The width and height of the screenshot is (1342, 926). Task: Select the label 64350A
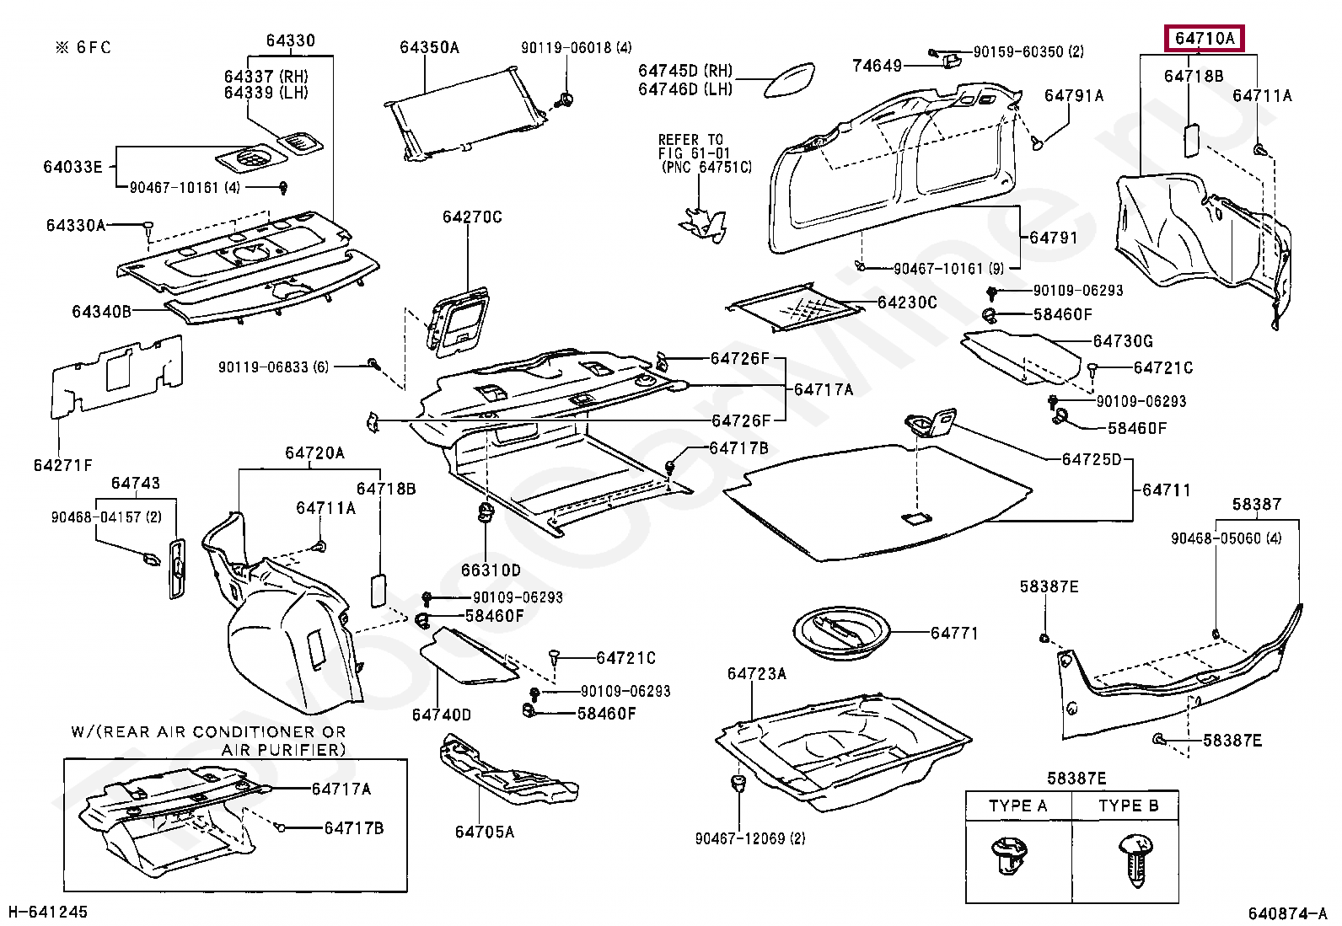[429, 48]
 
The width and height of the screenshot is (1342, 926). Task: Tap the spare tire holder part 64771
[841, 631]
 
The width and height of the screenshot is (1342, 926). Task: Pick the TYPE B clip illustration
[1135, 859]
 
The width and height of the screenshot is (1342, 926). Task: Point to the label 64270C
[472, 217]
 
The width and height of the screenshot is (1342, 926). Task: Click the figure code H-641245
[48, 912]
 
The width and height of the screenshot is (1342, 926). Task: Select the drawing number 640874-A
[1287, 913]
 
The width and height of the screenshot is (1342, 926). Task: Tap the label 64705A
[484, 832]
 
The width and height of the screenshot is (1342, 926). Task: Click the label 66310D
[491, 570]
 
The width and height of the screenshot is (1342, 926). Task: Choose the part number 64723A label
[756, 673]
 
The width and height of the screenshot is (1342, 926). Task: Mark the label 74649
[877, 66]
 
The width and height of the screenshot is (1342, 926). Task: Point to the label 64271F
[63, 465]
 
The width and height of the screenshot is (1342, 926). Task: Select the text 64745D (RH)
[685, 71]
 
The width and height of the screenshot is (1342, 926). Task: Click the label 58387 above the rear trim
[1256, 505]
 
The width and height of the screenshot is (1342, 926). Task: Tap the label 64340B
[101, 312]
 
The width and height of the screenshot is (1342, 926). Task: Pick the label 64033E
[72, 167]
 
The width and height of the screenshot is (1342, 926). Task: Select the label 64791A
[1073, 96]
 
